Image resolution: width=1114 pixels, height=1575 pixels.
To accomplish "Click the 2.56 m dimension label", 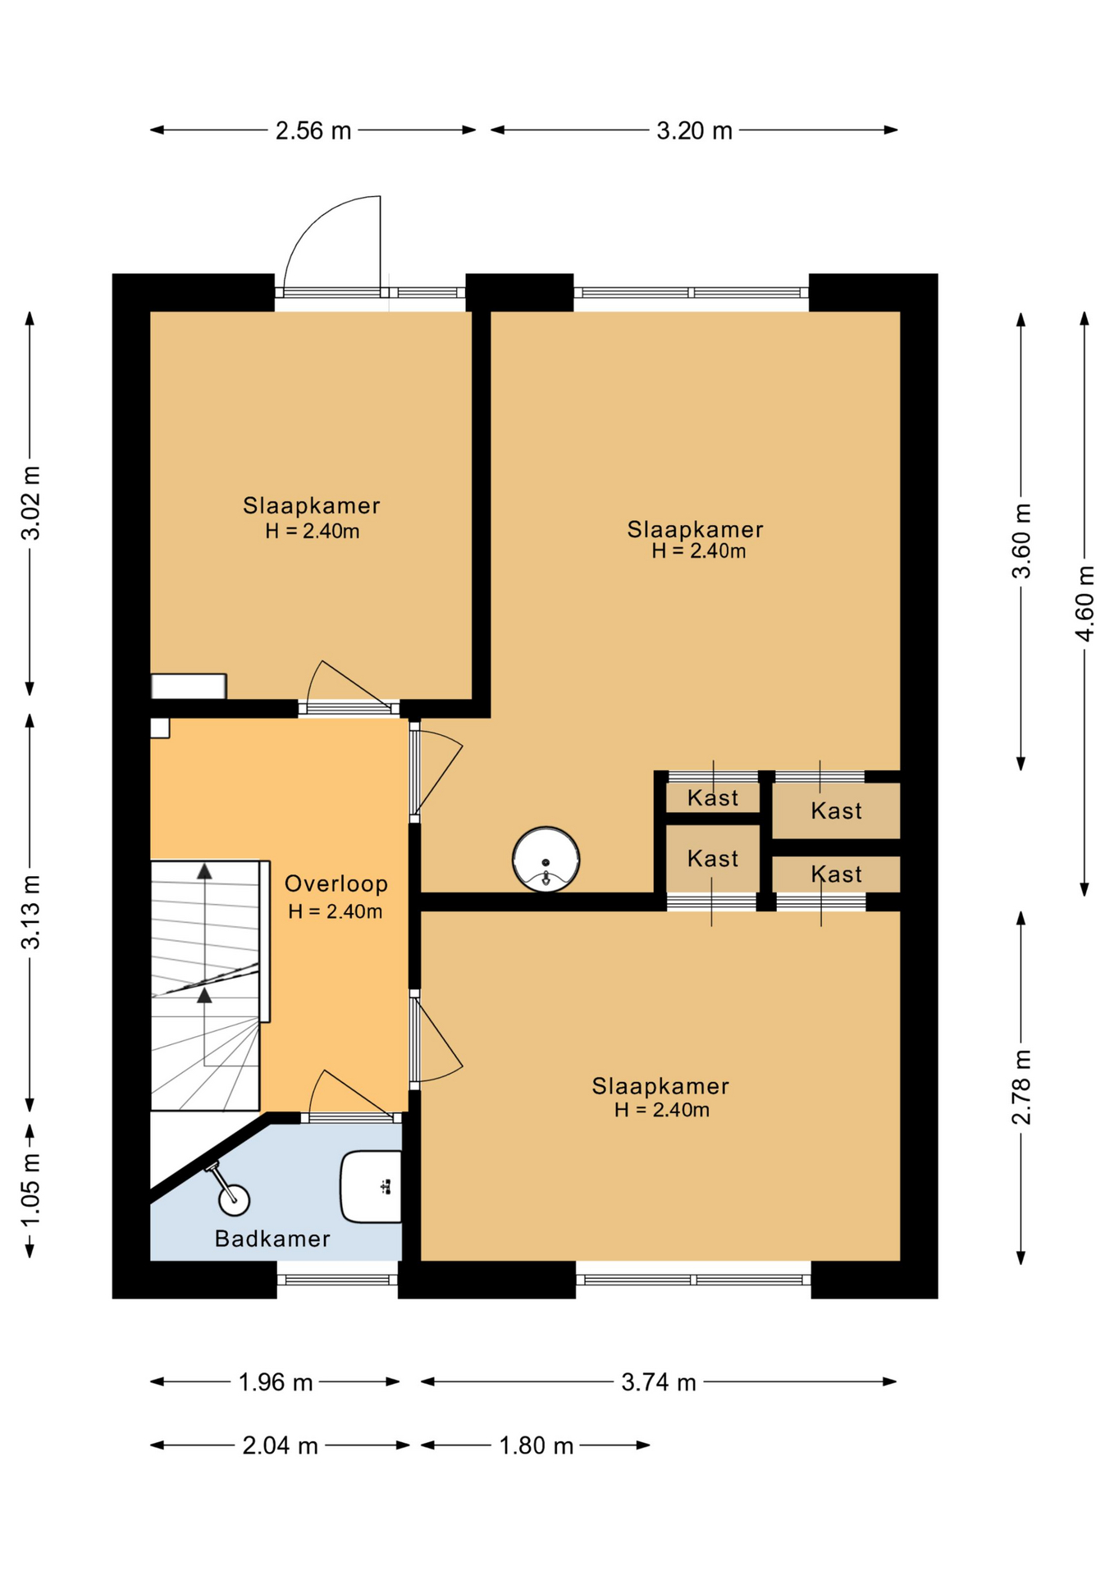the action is (x=313, y=130).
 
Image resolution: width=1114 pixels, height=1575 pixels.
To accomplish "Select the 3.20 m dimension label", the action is (x=694, y=130).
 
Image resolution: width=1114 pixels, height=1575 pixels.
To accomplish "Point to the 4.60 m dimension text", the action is (x=1084, y=604).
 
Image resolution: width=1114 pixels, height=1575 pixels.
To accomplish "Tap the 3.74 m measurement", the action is (x=659, y=1382).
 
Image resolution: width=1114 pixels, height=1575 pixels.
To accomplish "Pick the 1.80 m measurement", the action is (x=536, y=1445).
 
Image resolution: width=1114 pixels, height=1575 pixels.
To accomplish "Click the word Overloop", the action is (x=336, y=883).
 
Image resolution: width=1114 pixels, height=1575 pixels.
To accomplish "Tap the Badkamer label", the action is (x=272, y=1239).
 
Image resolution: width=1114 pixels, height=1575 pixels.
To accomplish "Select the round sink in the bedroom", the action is (x=546, y=859).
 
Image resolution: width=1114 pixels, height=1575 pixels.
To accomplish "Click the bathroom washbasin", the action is (x=372, y=1186).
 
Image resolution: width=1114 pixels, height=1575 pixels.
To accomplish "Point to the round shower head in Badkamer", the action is (x=234, y=1199).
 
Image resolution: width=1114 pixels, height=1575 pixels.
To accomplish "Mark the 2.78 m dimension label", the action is (x=1021, y=1087).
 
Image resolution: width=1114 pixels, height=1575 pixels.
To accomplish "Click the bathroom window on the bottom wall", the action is (x=337, y=1279).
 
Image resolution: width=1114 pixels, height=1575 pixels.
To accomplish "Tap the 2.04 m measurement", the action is (x=280, y=1445).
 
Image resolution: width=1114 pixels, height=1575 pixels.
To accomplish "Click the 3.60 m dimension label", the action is (x=1021, y=541).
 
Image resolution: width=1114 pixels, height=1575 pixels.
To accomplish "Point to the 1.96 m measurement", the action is (x=276, y=1382).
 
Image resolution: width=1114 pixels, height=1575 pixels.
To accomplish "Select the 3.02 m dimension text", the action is (x=30, y=503).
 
